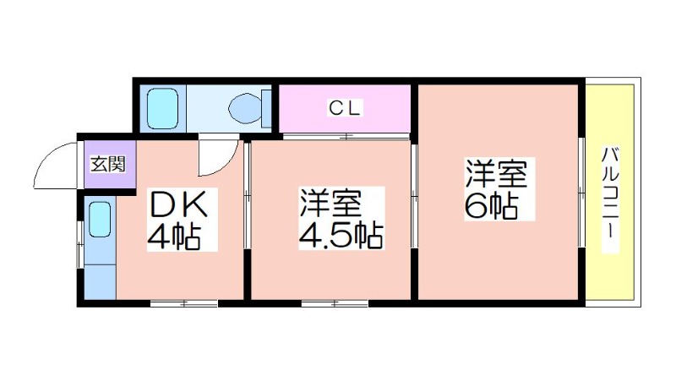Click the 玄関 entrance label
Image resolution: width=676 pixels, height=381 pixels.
(x=108, y=164)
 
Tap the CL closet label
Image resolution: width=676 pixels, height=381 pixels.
(x=344, y=108)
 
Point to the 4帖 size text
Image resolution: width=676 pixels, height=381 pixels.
(x=174, y=237)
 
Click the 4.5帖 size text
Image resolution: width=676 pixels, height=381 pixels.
(x=341, y=236)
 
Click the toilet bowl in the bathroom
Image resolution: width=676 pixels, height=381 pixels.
(x=246, y=109)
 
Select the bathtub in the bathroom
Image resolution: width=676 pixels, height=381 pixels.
(x=162, y=109)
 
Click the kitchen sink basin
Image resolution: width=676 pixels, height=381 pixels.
(x=100, y=220)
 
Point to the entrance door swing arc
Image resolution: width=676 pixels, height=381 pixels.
(x=55, y=166)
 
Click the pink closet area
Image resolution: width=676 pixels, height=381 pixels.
(x=345, y=109)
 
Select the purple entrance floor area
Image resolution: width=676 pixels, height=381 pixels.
(x=110, y=165)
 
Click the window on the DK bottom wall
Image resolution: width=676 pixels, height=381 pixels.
(x=183, y=303)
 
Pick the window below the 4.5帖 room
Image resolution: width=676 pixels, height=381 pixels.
(x=335, y=303)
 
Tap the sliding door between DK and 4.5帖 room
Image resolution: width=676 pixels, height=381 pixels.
(x=247, y=196)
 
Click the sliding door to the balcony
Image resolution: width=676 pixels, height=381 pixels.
(x=581, y=192)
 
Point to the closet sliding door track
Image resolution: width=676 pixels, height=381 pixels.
(x=346, y=137)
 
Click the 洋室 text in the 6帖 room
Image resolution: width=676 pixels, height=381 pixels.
(x=496, y=174)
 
